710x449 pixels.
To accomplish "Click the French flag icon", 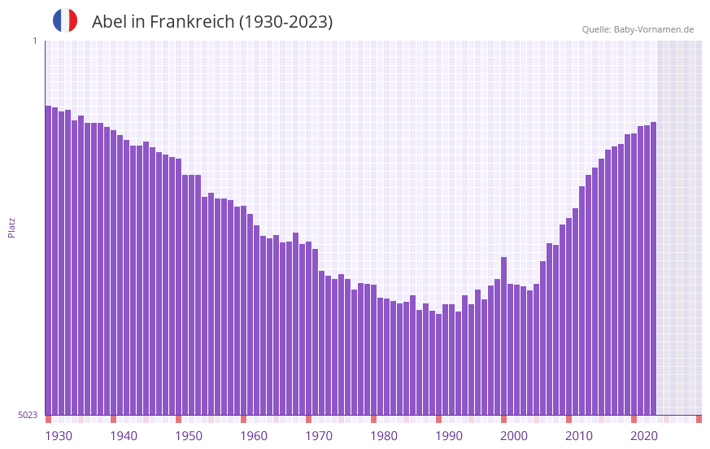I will coord(65,20).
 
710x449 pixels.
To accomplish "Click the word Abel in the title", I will coord(108,22).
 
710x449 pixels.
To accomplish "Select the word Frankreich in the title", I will coord(189,22).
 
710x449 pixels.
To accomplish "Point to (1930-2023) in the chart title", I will coord(285,22).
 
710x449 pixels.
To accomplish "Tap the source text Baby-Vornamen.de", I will coord(654,29).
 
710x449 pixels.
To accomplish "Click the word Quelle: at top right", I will coord(596,29).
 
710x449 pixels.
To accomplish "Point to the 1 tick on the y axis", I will coord(34,41).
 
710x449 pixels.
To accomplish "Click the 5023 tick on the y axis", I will coord(28,415).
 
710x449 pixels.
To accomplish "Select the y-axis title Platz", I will coord(11,227).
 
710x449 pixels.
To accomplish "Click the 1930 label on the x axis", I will coord(59,436).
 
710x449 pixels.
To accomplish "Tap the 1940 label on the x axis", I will coord(124,436).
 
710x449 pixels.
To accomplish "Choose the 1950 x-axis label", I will coord(189,436).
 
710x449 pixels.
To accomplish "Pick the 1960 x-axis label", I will coord(254,436).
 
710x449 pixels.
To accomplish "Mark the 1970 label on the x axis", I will coord(319,436).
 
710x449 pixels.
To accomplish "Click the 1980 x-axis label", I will coord(384,436).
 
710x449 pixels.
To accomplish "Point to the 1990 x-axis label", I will coord(449,436).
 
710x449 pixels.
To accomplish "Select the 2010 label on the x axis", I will coord(579,436).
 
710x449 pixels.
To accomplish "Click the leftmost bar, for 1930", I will coord(48,260).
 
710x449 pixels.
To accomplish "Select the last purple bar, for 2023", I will coord(653,268).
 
